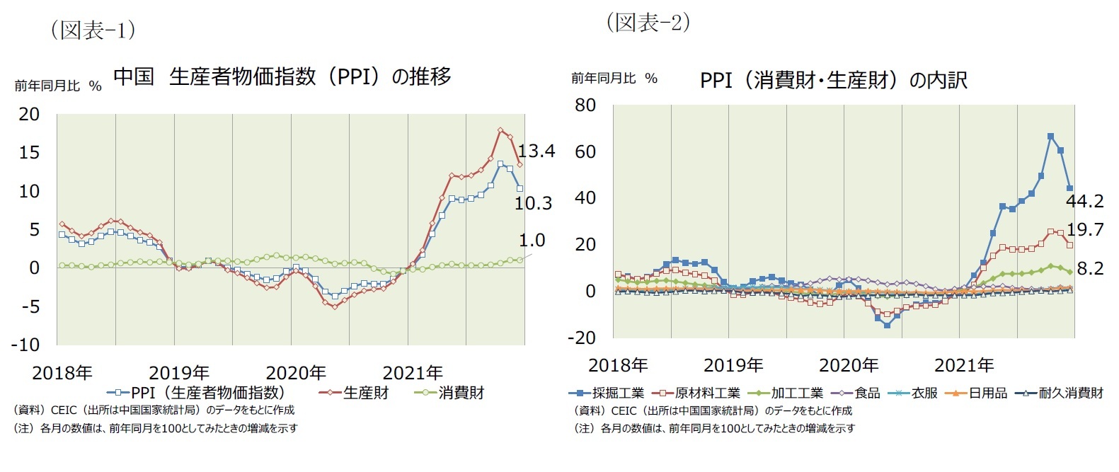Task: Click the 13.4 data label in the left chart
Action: pos(536,151)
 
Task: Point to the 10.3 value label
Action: pos(533,204)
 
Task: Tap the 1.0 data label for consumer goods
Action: pos(532,240)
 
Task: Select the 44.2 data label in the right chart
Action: pos(1084,202)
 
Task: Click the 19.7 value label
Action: pos(1084,229)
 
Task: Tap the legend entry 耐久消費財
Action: pos(1070,393)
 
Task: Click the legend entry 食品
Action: pos(867,393)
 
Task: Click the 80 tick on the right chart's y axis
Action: pos(585,105)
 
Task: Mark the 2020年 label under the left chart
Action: pos(295,372)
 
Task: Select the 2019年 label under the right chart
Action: pos(733,365)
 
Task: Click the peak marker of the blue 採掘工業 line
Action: pos(1050,136)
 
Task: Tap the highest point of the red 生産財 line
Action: pos(500,130)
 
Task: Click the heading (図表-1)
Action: pos(93,30)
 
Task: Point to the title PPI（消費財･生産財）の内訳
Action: pos(832,80)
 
